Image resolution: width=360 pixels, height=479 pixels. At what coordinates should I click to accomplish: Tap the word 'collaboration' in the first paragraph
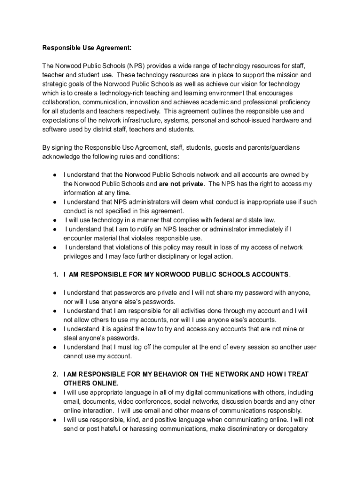[x=61, y=102]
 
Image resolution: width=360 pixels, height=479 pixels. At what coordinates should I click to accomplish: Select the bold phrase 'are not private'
[x=181, y=184]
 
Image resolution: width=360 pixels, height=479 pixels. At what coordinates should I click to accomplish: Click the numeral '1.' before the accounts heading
[x=55, y=274]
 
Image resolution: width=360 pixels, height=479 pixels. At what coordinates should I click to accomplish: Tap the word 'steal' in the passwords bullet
[x=71, y=338]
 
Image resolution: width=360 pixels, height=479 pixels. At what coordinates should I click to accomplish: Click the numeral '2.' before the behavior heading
[x=55, y=374]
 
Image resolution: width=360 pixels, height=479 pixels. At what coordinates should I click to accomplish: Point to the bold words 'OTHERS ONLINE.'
[x=91, y=383]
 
